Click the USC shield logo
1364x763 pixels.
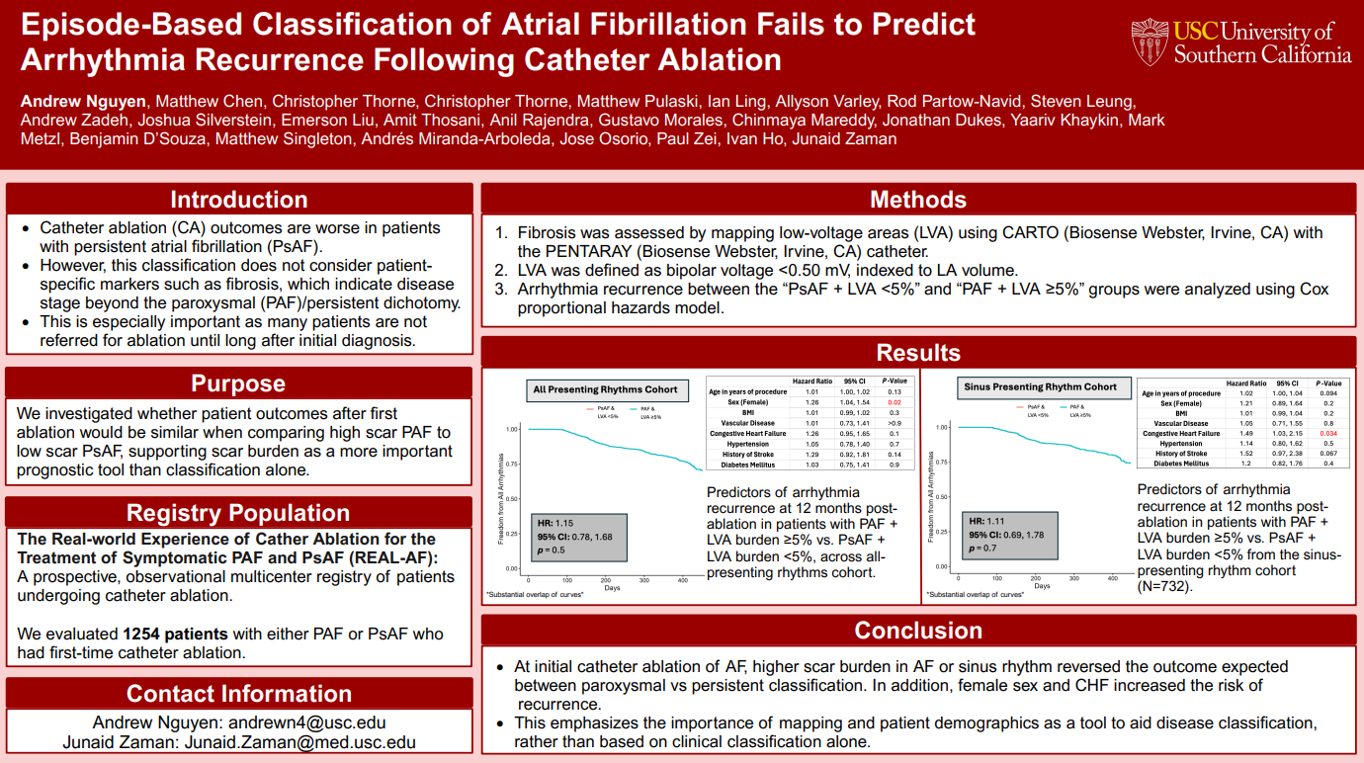point(1150,42)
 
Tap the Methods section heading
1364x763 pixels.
point(917,200)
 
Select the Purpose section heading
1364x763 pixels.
point(238,383)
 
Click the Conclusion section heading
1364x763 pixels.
point(917,631)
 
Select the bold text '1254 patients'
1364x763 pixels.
point(175,634)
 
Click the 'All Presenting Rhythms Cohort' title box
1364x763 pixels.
point(605,389)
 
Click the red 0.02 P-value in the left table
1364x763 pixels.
point(894,403)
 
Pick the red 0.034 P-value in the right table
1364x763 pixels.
point(1328,433)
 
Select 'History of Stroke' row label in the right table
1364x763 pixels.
point(1180,454)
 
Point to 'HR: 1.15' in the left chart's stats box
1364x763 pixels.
point(557,522)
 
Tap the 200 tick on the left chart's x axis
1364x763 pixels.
point(606,580)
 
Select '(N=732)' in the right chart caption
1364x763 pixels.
point(1165,586)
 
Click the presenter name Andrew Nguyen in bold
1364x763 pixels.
point(83,101)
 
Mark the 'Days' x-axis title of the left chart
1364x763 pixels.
point(613,589)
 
